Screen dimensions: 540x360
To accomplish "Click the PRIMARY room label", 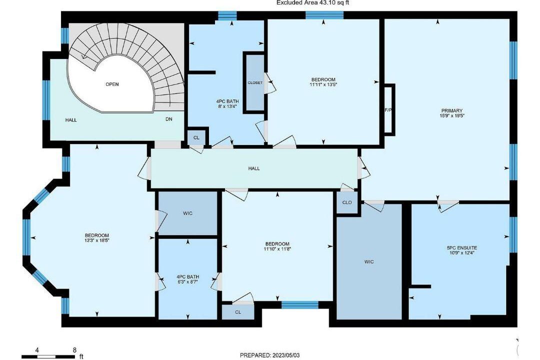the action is pos(452,110).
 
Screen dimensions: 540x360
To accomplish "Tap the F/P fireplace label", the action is pos(388,110).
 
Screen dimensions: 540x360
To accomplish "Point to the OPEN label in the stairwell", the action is pos(112,84).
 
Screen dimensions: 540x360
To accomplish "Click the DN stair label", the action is pos(169,119).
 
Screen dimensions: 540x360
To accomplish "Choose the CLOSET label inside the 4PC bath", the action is pos(255,82).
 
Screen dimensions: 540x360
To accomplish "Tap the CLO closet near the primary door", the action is pos(347,202).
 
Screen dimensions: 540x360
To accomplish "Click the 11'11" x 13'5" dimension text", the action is pos(322,84).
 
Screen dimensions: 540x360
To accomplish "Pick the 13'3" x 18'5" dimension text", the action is pos(97,240).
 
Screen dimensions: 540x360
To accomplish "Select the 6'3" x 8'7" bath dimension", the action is pos(187,281).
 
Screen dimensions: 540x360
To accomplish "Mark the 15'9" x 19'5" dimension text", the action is pos(452,116).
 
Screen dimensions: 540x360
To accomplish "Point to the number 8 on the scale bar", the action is pos(74,350).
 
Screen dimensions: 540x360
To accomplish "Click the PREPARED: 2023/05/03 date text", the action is pos(269,355).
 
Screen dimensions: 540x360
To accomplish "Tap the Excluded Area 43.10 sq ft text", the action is pos(313,3).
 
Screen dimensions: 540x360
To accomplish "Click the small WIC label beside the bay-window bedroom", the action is pos(187,213).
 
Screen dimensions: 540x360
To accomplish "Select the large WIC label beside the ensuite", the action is pos(369,262).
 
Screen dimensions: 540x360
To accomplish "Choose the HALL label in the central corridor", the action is pos(254,168).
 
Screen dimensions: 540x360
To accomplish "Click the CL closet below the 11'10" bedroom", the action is pos(238,312).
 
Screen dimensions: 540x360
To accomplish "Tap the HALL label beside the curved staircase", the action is pos(71,120).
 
